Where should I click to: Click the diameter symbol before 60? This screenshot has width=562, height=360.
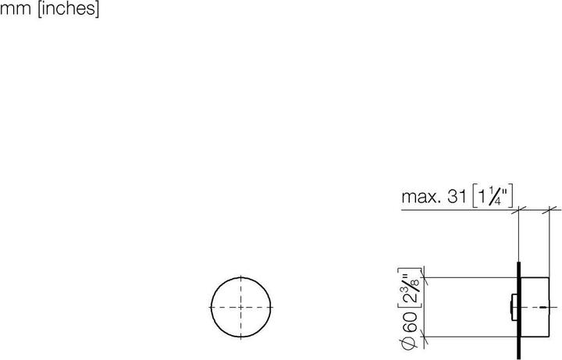click(411, 341)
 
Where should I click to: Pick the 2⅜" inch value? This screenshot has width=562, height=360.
click(411, 290)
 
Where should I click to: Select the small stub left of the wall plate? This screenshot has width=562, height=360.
click(511, 307)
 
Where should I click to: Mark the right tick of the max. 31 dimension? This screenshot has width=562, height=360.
click(553, 209)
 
